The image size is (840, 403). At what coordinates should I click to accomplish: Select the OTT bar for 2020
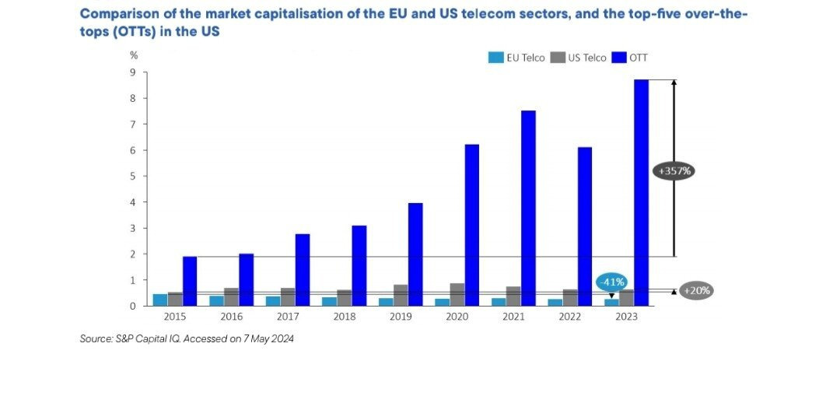pyautogui.click(x=472, y=225)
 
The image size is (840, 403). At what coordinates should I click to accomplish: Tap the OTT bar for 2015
pyautogui.click(x=190, y=281)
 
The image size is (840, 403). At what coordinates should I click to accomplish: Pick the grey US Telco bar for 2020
pyautogui.click(x=457, y=294)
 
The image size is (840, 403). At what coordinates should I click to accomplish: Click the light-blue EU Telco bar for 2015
pyautogui.click(x=160, y=300)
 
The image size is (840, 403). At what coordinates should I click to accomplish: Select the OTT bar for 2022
pyautogui.click(x=585, y=226)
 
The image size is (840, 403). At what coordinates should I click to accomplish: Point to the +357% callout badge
pyautogui.click(x=673, y=170)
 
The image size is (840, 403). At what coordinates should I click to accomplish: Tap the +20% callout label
pyautogui.click(x=696, y=290)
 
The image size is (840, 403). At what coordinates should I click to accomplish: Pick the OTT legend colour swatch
pyautogui.click(x=620, y=57)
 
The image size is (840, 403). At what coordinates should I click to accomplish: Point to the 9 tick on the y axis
pyautogui.click(x=133, y=72)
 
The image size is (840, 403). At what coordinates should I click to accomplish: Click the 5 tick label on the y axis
pyautogui.click(x=133, y=176)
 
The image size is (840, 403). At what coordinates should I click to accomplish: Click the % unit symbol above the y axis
pyautogui.click(x=133, y=55)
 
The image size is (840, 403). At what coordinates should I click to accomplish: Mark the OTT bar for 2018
pyautogui.click(x=359, y=265)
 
